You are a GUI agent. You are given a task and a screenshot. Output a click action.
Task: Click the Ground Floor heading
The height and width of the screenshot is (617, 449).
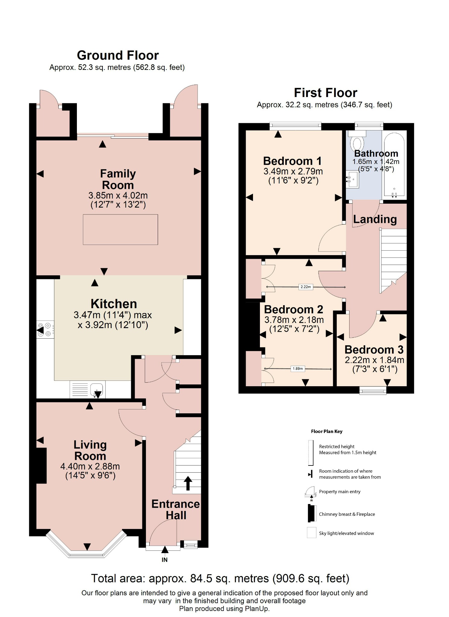tap(118, 55)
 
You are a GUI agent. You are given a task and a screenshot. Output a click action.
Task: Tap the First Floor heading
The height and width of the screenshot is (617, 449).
tap(325, 93)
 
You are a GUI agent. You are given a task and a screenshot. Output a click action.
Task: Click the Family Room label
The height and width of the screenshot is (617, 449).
tap(118, 179)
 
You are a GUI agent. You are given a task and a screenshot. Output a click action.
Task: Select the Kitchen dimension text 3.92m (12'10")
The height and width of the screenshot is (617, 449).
tap(113, 325)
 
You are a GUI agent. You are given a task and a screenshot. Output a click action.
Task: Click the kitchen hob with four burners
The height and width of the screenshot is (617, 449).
tap(45, 329)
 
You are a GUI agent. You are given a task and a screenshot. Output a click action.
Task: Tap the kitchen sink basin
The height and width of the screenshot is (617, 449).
tap(96, 389)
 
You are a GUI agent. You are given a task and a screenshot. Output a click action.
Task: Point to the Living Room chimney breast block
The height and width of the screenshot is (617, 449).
tap(41, 465)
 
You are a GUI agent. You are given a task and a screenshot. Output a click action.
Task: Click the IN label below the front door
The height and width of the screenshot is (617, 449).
tap(164, 560)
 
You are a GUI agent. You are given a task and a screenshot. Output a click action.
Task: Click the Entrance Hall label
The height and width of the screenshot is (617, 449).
tap(175, 509)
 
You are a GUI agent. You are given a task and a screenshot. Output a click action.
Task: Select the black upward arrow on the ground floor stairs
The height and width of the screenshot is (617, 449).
tap(188, 483)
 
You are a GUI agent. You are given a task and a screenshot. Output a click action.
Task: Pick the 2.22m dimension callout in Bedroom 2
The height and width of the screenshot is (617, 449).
tap(305, 287)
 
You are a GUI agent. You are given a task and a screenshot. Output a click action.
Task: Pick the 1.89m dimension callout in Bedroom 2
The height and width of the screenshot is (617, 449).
tap(298, 368)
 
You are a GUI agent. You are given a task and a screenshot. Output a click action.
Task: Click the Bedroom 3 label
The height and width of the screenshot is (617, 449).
tap(374, 350)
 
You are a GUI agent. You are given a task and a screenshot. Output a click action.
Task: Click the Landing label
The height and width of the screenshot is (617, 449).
tap(375, 219)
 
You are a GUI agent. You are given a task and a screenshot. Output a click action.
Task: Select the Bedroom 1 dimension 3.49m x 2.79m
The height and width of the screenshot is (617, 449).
tap(293, 171)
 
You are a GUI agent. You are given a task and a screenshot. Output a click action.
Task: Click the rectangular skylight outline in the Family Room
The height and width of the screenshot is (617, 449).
tap(120, 230)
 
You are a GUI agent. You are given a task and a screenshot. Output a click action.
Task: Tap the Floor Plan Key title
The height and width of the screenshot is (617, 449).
tap(327, 431)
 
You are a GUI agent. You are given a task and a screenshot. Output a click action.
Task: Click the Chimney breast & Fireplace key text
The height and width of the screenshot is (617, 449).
tap(347, 514)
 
